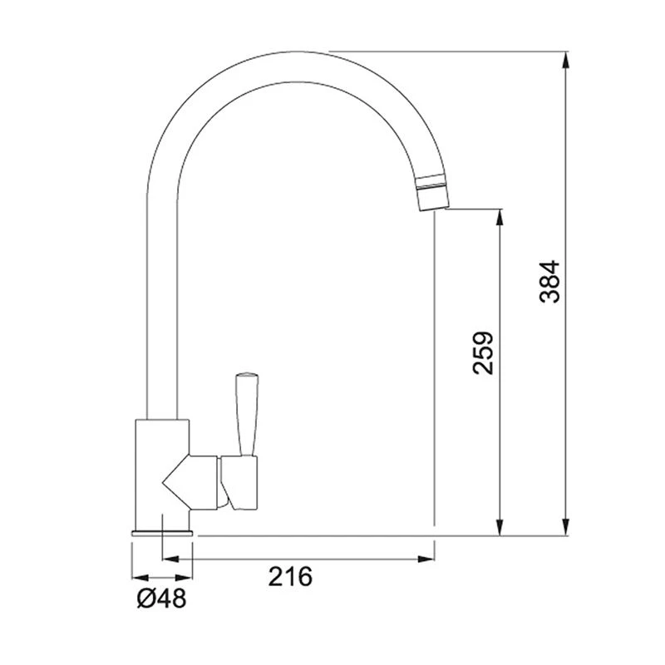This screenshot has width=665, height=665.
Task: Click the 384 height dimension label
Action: (549, 282)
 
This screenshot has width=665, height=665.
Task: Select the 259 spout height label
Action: (483, 353)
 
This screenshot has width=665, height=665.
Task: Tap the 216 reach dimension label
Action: (289, 576)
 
